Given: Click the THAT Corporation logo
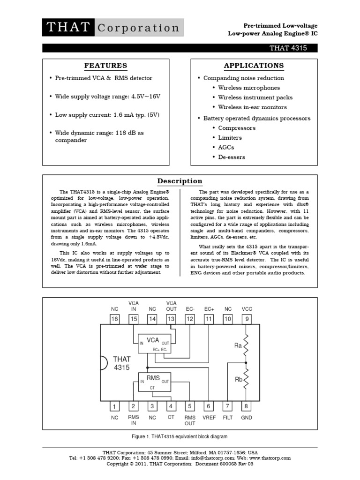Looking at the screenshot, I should coord(112,28).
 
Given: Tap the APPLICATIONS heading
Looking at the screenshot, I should coord(254,66).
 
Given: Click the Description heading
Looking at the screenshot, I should coord(180,181).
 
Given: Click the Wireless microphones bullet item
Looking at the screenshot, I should coord(248,88).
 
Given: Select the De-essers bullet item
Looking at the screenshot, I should coord(231,157).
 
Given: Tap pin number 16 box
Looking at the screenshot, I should coord(114,319).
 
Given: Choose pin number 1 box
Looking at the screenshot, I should coord(114,406).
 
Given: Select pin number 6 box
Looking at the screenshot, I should coord(209,406).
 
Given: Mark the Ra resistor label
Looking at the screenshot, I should coord(238,345).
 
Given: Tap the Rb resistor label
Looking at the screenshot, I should coord(238,380).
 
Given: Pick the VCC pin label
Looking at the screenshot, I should coord(247,309).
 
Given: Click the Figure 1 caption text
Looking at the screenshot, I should coord(180,437).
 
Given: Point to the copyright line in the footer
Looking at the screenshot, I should coord(180,464).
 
